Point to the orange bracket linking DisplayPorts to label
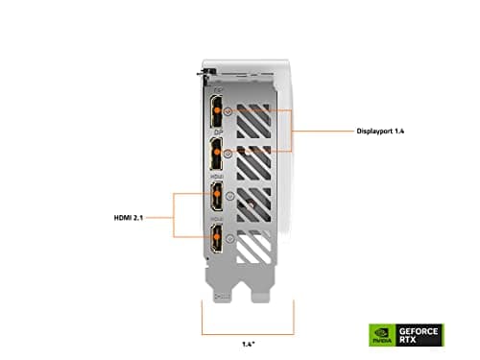pyautogui.click(x=294, y=129)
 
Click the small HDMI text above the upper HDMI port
pyautogui.click(x=217, y=177)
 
